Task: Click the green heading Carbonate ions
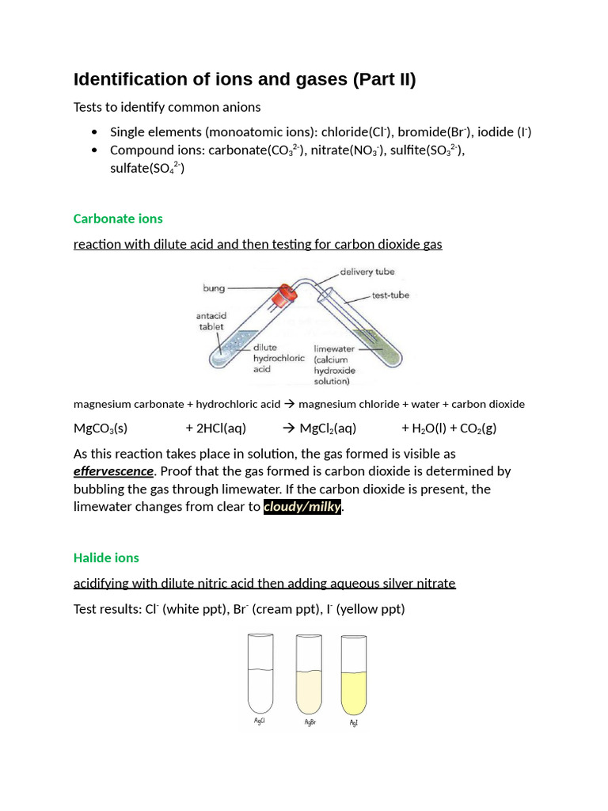click(118, 219)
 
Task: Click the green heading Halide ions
click(106, 558)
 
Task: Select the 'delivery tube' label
click(367, 272)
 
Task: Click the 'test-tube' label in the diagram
click(390, 295)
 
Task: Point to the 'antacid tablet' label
click(211, 321)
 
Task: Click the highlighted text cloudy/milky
click(302, 507)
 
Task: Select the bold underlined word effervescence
click(113, 471)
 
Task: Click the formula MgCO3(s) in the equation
click(101, 428)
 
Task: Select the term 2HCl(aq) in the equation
click(215, 428)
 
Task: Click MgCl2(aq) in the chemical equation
click(328, 428)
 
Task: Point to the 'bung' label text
click(214, 288)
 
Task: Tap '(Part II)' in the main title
click(384, 79)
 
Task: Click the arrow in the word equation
click(289, 404)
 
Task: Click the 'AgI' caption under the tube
click(353, 723)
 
